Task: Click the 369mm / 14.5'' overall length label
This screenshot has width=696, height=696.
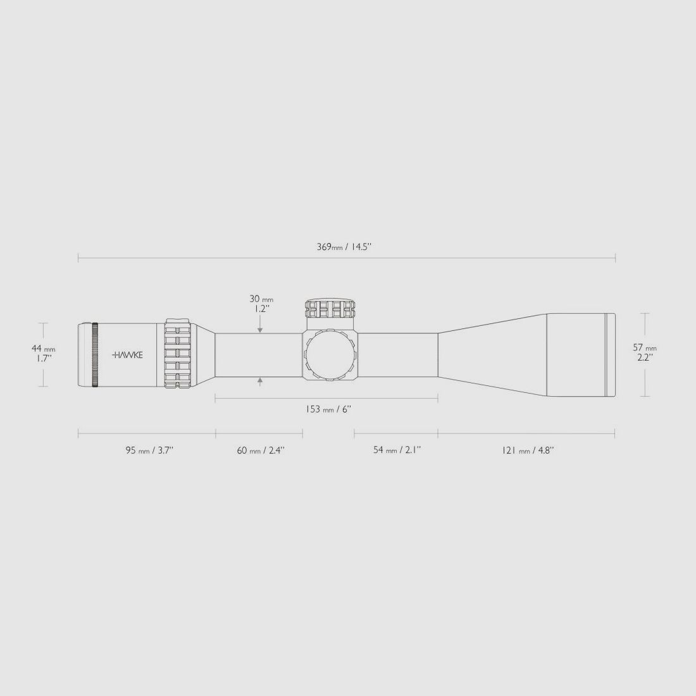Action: pyautogui.click(x=344, y=247)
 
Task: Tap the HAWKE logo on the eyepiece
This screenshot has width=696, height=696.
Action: pyautogui.click(x=128, y=356)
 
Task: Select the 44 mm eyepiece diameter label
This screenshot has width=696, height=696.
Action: pyautogui.click(x=44, y=349)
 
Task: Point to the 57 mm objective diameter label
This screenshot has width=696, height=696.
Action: pyautogui.click(x=645, y=347)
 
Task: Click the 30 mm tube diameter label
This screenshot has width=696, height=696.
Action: pyautogui.click(x=260, y=299)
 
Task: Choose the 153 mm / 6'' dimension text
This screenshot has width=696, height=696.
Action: pyautogui.click(x=328, y=409)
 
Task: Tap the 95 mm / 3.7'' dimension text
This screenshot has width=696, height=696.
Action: pyautogui.click(x=149, y=451)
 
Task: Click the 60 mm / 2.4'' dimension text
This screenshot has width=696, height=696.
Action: pyautogui.click(x=260, y=451)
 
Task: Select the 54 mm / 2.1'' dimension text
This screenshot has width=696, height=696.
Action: pyautogui.click(x=397, y=451)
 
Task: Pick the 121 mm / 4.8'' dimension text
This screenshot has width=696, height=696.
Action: pyautogui.click(x=527, y=451)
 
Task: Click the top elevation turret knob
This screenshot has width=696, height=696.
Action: pyautogui.click(x=330, y=309)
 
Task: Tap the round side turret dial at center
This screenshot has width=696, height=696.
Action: pyautogui.click(x=330, y=356)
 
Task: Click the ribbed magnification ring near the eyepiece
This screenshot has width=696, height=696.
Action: pyautogui.click(x=178, y=354)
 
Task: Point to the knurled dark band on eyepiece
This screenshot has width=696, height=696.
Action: pyautogui.click(x=95, y=355)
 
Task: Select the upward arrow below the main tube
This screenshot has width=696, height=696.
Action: pyautogui.click(x=260, y=382)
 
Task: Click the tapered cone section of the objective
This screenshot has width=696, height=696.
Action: pyautogui.click(x=492, y=355)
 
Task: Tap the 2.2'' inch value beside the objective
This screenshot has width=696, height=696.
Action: pyautogui.click(x=645, y=357)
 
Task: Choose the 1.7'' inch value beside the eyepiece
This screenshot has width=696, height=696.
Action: pyautogui.click(x=44, y=358)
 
